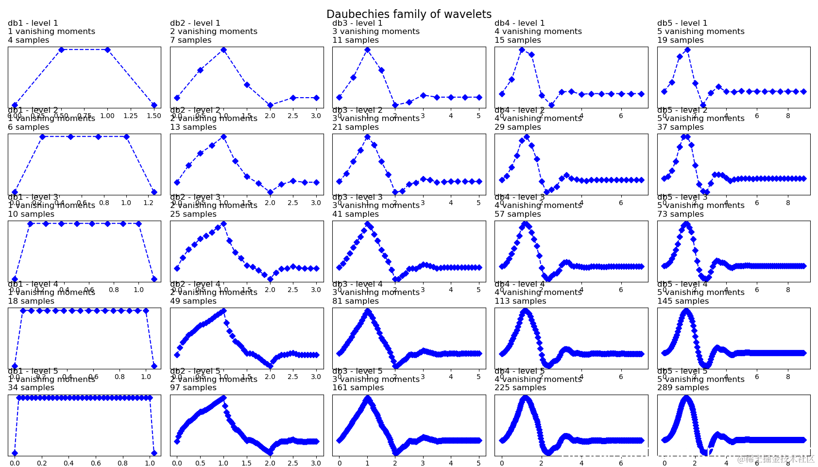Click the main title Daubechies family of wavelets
coord(409,14)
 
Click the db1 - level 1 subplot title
coord(33,23)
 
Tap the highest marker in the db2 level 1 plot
coord(223,50)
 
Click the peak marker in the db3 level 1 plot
coord(367,50)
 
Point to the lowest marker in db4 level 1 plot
coord(551,105)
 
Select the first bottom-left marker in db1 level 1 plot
coord(15,105)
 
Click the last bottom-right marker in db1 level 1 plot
coord(154,105)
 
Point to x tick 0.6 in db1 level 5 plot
coord(96,463)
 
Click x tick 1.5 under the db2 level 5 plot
coord(247,463)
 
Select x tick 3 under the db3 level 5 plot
coord(423,463)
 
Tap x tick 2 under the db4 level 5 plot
coord(541,463)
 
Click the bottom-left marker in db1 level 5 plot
coord(15,453)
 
